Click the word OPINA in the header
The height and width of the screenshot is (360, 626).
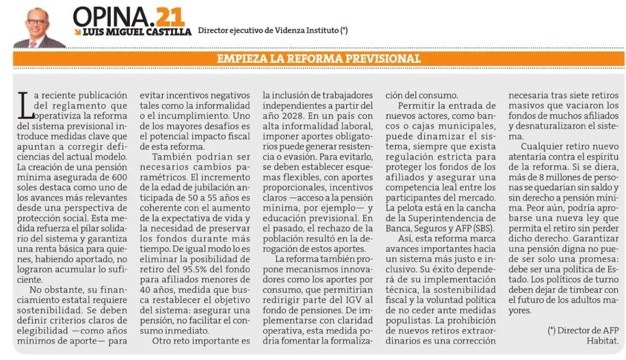tap(109, 15)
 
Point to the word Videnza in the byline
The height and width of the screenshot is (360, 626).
tap(294, 31)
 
